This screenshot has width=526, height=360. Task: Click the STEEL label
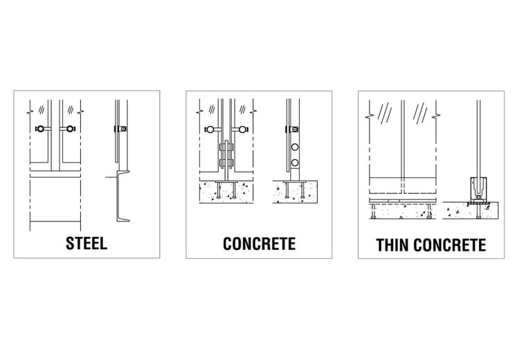click(x=87, y=243)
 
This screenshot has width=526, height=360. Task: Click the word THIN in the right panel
click(x=393, y=244)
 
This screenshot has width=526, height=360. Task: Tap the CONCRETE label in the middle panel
click(x=259, y=243)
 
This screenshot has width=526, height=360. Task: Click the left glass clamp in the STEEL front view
click(x=41, y=129)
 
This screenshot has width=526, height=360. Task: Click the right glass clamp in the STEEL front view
click(x=70, y=129)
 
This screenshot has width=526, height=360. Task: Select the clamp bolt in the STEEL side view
click(x=123, y=129)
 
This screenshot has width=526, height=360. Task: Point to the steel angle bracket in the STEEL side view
click(x=125, y=197)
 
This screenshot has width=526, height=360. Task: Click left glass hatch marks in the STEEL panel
click(x=42, y=109)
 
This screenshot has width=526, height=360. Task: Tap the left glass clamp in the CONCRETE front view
click(x=210, y=129)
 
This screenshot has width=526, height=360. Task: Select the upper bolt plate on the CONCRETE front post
click(x=225, y=147)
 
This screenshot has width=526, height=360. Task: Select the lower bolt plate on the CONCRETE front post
click(x=225, y=163)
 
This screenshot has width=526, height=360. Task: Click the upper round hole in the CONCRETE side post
click(x=295, y=147)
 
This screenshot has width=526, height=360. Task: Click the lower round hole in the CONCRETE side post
click(x=295, y=163)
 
